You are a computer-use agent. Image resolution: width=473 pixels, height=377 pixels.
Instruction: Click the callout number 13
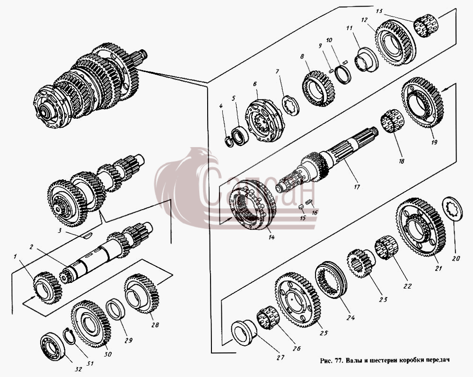point(379,11)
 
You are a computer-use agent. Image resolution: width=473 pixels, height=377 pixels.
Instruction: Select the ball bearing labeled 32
point(53,346)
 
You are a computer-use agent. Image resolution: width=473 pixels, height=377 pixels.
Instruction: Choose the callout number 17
point(357,187)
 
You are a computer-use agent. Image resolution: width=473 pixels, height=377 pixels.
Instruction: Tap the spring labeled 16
point(308,202)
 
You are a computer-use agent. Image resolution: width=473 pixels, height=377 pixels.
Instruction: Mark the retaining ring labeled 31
point(70,336)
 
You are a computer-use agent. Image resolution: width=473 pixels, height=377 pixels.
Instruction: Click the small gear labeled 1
point(48,288)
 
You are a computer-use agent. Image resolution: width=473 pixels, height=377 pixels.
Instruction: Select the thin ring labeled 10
point(343,74)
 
